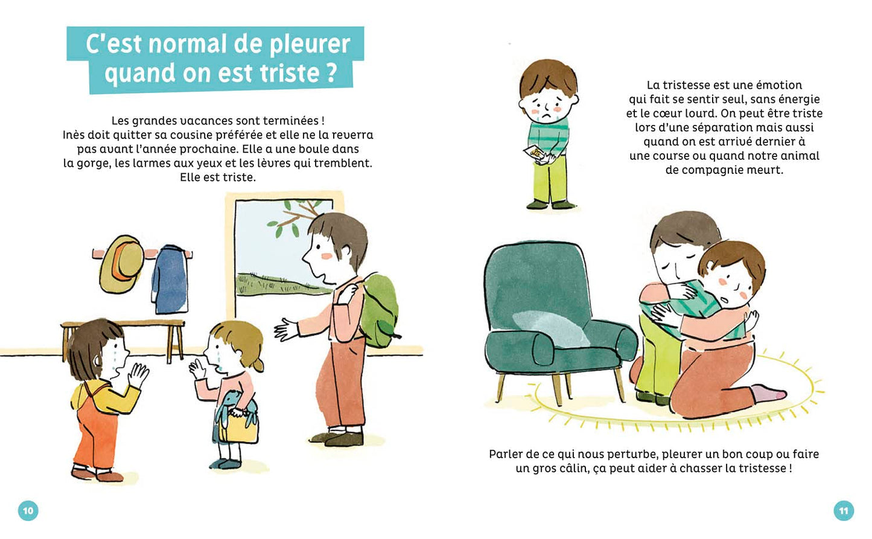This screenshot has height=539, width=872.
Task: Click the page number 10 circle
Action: coord(28,510)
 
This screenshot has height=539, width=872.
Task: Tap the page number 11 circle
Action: coord(844,510)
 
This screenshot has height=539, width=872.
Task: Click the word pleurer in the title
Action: coord(310,44)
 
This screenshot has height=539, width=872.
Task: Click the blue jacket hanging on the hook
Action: coord(170,279)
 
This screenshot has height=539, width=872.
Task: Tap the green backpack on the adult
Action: coord(378,310)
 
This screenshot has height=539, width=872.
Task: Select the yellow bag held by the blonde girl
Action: coord(238,427)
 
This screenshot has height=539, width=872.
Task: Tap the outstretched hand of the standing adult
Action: coord(286,330)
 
